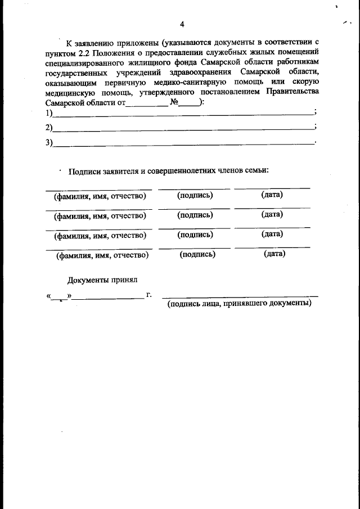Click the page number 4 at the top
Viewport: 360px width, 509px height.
(x=182, y=24)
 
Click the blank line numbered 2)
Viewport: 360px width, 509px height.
(x=183, y=128)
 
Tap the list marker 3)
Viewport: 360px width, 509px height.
(x=49, y=143)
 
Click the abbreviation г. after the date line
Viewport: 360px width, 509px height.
(x=148, y=294)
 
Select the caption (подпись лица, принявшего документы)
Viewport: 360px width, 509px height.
(x=239, y=303)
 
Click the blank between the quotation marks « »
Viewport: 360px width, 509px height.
(x=58, y=295)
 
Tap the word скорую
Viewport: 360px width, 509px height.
(x=303, y=83)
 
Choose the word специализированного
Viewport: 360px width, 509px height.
(x=83, y=63)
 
